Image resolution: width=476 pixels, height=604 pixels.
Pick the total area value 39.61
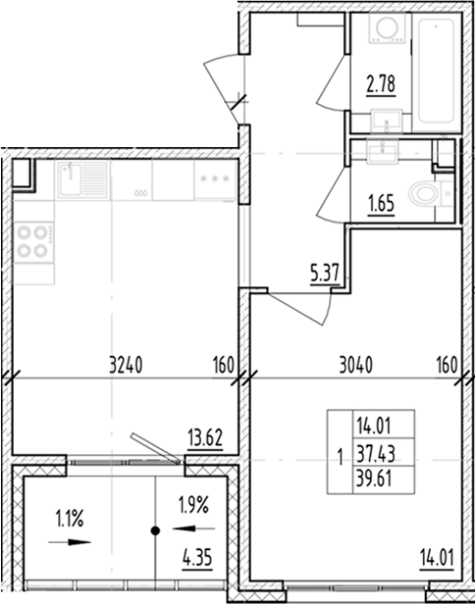click(372, 476)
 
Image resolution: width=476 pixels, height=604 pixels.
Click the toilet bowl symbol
click(425, 194)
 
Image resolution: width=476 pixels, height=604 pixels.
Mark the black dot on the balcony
click(155, 531)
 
